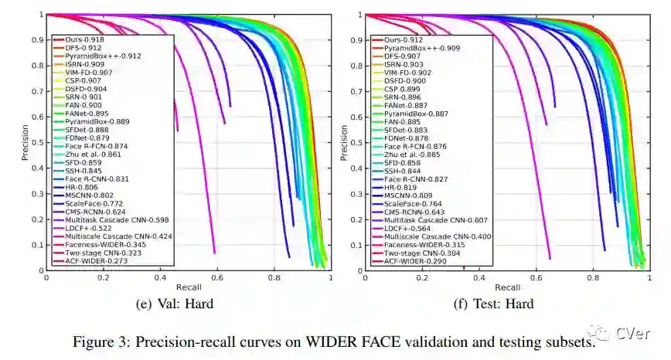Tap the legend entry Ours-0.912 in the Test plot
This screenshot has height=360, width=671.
403,39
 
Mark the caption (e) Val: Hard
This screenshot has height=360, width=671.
174,304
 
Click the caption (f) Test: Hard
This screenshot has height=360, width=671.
493,304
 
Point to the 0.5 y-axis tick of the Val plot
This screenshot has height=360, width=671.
37,142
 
